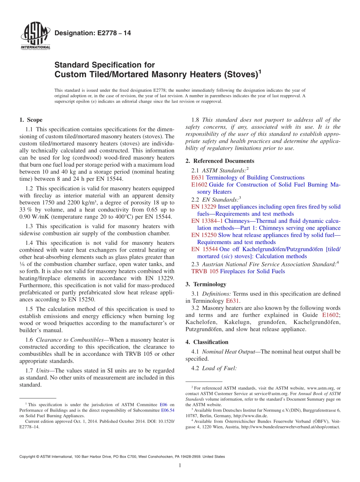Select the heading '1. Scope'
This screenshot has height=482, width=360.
tap(31, 120)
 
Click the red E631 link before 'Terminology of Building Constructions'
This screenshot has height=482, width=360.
tap(198, 177)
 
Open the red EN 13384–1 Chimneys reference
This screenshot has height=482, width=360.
tap(206, 221)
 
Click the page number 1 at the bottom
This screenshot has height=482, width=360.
tap(180, 466)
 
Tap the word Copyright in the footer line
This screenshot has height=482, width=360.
tap(29, 457)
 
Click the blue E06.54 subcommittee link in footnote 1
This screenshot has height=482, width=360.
tap(168, 410)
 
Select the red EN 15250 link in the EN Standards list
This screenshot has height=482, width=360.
tap(204, 235)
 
